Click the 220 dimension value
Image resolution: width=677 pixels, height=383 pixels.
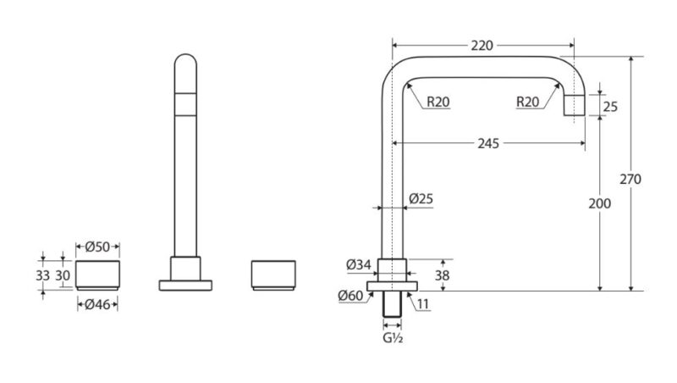(482, 46)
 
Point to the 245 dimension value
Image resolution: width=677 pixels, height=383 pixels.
(488, 143)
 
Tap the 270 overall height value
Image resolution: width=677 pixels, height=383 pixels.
(630, 179)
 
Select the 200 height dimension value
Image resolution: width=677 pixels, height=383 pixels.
(600, 203)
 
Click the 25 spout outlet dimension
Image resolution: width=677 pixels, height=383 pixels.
(610, 106)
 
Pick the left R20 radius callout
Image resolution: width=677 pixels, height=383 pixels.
(438, 102)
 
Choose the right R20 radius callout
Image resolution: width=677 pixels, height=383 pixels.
(527, 102)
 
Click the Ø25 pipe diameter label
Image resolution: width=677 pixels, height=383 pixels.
(421, 199)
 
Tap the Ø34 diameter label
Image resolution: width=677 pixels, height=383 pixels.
(359, 264)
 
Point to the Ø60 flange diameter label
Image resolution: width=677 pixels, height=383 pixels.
(350, 296)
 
